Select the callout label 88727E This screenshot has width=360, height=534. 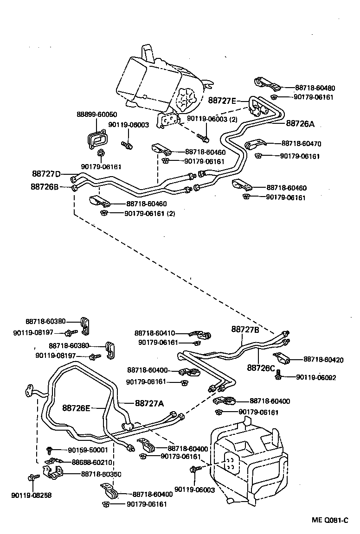(222, 101)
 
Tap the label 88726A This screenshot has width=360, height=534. (300, 124)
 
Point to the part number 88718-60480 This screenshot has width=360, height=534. (315, 88)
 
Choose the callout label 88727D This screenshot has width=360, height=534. (46, 174)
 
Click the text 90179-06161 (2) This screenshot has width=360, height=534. (150, 214)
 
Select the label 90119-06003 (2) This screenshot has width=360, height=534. (212, 119)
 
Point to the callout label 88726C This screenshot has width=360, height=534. (261, 368)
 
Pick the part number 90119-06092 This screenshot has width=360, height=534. (316, 377)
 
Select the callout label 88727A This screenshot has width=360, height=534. (149, 403)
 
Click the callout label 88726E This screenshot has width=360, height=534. (77, 408)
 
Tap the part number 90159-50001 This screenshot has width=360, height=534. (88, 450)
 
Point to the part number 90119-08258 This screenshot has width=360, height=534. (31, 495)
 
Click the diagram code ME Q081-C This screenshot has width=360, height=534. (330, 521)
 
